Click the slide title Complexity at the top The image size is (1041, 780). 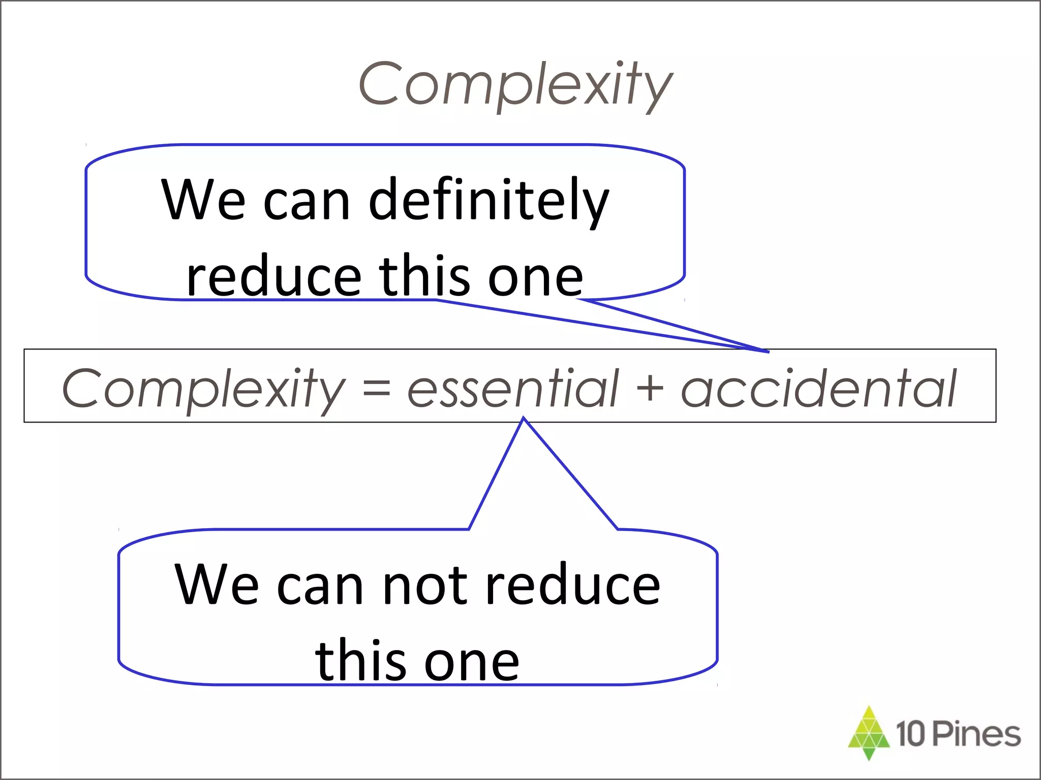[515, 84]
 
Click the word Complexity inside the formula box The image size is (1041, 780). [203, 388]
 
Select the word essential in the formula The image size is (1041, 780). [513, 388]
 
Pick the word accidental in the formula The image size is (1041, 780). [818, 388]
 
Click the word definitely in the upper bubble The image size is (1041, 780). [488, 201]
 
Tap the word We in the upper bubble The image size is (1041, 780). [203, 201]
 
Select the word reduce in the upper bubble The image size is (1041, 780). [273, 277]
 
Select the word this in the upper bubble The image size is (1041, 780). [424, 277]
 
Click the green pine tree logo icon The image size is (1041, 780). [869, 733]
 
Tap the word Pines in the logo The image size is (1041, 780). [976, 734]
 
